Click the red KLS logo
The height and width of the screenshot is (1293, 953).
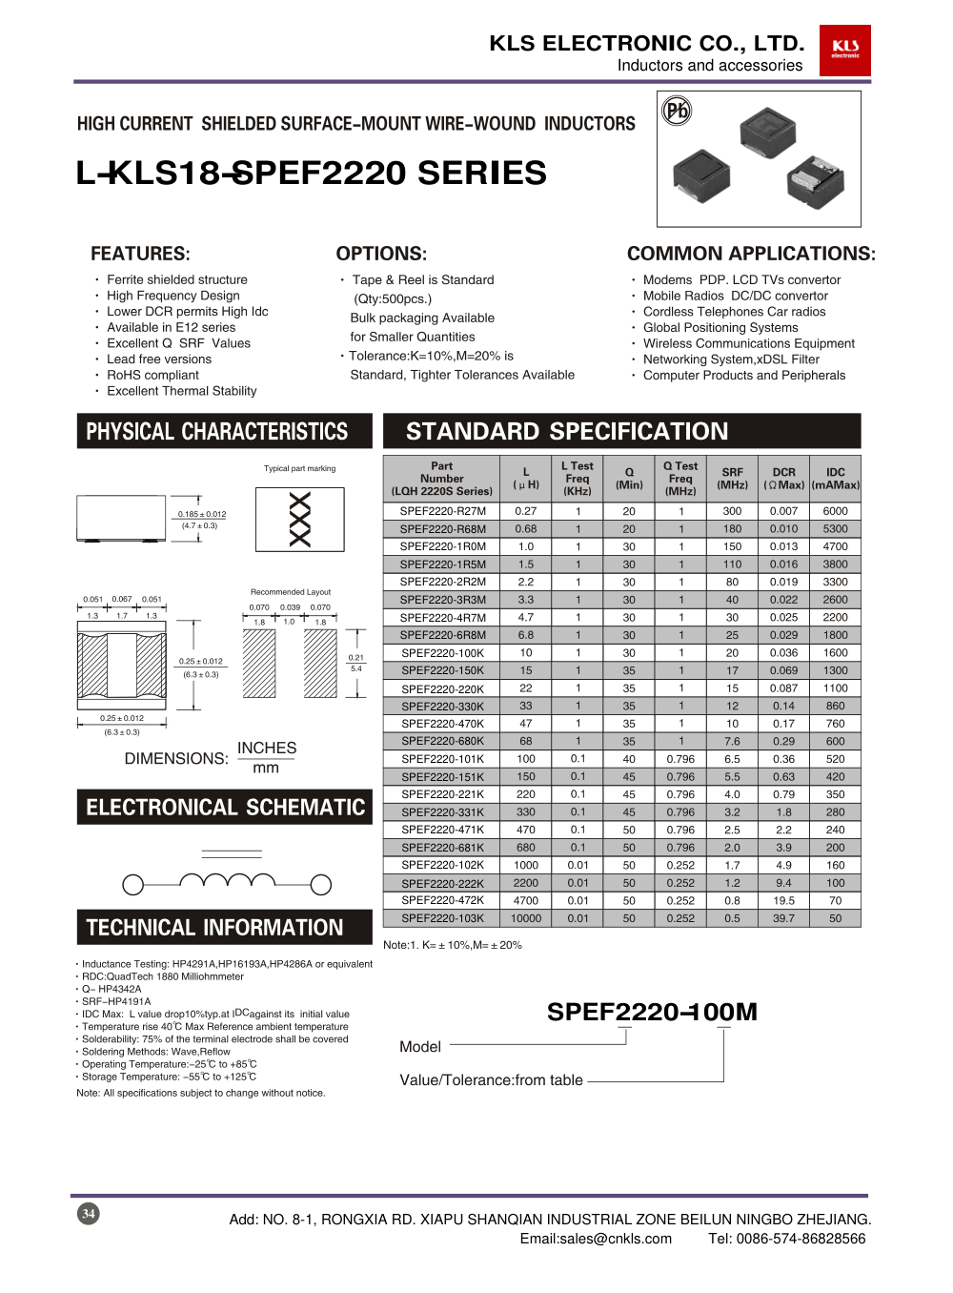pos(844,51)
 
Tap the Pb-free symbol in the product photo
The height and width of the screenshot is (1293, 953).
pos(677,112)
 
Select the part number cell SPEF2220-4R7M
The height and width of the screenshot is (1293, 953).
pos(442,618)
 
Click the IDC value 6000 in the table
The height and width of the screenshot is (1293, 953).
pos(835,511)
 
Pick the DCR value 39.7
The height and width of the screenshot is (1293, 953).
pos(783,918)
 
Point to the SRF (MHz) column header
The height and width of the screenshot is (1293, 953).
pos(732,479)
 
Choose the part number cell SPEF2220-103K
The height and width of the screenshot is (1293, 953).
pos(442,918)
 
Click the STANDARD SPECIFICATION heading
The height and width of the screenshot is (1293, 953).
pos(567,431)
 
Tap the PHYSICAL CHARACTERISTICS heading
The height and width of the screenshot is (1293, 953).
pos(217,432)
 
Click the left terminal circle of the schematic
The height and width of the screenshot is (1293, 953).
pos(133,885)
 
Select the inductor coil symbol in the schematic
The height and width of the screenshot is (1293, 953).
pos(227,880)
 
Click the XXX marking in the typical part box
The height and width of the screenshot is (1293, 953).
pos(299,520)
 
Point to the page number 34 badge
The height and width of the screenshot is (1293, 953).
pos(88,1213)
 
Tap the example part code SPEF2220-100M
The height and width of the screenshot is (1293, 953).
pos(652,1012)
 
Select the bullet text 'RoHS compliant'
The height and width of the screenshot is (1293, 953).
pos(152,375)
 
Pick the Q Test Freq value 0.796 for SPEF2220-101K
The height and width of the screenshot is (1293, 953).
pos(680,759)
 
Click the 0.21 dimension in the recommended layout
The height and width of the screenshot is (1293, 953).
pos(355,658)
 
